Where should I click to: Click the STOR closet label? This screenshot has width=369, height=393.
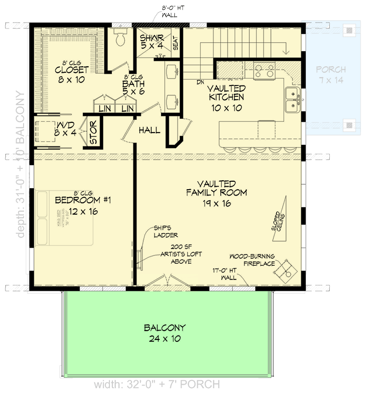pos(93,131)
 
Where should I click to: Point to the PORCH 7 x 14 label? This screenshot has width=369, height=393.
pos(331,75)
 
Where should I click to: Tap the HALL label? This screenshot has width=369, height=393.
pos(149,130)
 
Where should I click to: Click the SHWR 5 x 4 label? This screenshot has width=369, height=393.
pos(152,42)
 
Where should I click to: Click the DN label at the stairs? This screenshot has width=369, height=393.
pos(200,82)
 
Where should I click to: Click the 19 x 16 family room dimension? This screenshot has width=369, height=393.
pos(216,203)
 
